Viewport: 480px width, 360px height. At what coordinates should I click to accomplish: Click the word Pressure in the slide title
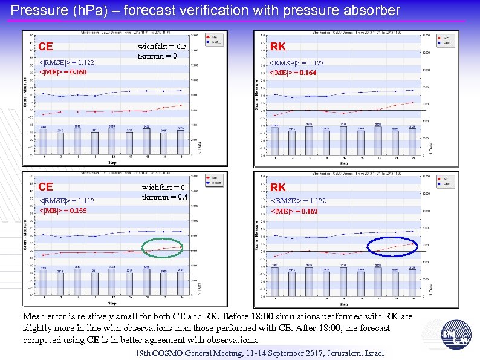pos(36,10)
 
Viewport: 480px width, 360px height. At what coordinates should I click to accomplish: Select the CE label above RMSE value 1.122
pos(46,47)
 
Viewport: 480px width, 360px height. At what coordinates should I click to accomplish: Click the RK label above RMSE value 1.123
pos(278,47)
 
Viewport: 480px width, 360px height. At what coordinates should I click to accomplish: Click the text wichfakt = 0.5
pos(162,46)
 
